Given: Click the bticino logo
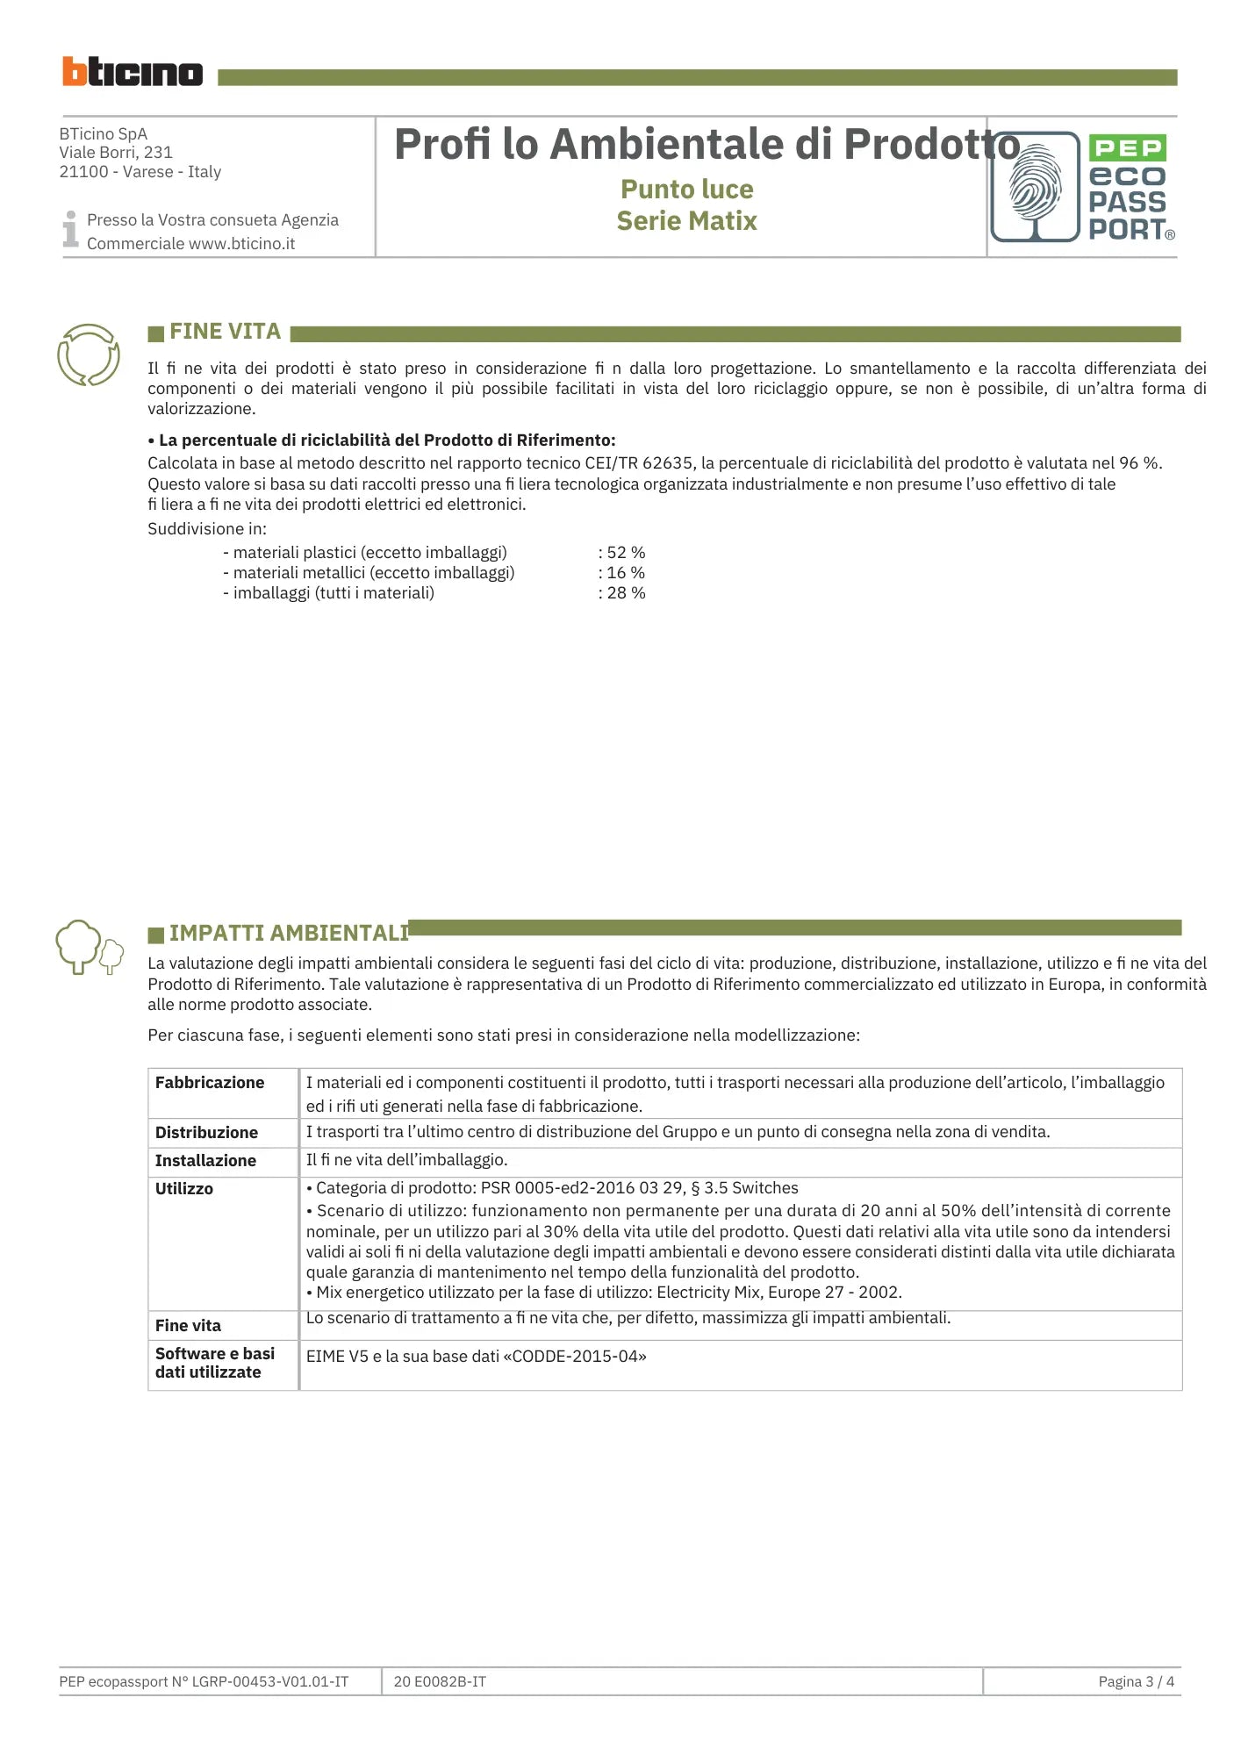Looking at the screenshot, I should (132, 72).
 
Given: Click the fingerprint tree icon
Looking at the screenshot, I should (1035, 187).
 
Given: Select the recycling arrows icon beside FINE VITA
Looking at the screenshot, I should (88, 355).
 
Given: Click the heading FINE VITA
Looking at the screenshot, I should (225, 332).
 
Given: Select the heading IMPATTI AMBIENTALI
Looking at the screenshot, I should (289, 933).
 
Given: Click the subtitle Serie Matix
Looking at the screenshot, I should (686, 221).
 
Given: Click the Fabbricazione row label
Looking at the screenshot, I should (210, 1083).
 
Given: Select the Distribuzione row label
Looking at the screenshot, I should (206, 1133).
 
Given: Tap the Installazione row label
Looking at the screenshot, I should (205, 1161).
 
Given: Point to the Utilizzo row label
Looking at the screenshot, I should (184, 1189).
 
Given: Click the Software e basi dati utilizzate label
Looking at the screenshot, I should (214, 1363).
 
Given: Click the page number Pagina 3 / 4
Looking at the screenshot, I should (1136, 1682).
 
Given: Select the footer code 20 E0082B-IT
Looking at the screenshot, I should (440, 1682).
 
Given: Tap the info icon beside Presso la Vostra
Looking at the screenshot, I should (70, 229).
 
